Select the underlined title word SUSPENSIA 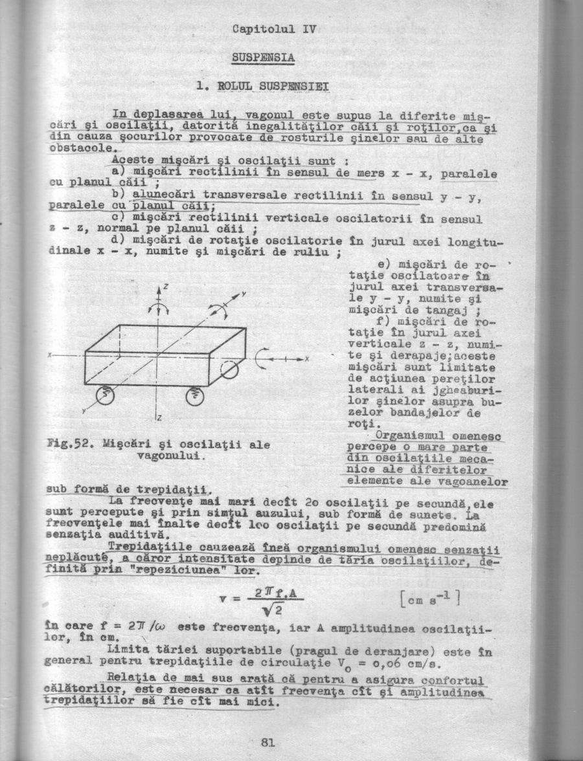pyautogui.click(x=263, y=58)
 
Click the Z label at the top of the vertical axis pyautogui.click(x=165, y=285)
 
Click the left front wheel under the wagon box pyautogui.click(x=105, y=395)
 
